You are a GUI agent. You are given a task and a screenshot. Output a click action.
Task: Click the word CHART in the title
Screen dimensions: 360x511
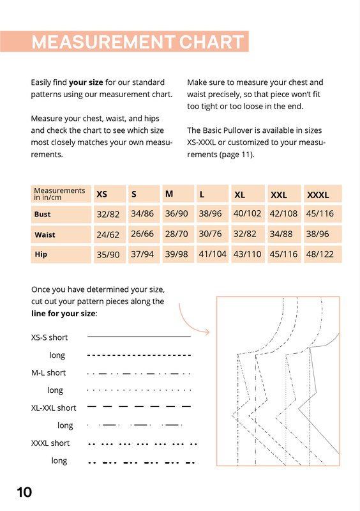[x=211, y=42]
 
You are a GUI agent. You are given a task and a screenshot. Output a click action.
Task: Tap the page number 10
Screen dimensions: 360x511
[x=24, y=492]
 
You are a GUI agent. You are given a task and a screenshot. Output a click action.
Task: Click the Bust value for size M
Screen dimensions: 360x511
[x=176, y=213]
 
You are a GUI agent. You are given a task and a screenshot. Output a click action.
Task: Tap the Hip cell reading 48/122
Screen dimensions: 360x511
[x=320, y=254]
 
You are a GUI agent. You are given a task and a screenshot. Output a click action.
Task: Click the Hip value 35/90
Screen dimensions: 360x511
[x=108, y=254]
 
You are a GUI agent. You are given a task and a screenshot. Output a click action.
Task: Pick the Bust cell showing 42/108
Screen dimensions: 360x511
[x=283, y=213]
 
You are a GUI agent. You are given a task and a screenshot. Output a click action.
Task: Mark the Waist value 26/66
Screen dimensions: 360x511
[x=142, y=234]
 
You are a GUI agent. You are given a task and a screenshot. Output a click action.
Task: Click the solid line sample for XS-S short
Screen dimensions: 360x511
[x=139, y=336]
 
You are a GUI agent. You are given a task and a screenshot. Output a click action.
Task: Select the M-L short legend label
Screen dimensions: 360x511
[x=49, y=372]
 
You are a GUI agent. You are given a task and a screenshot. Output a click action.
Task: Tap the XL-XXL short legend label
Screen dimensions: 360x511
[x=54, y=408]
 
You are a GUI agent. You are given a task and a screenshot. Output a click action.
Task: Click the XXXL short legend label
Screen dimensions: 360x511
[x=50, y=443]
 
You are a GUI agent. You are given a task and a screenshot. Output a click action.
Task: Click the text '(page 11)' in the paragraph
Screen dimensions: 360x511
[x=237, y=155]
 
